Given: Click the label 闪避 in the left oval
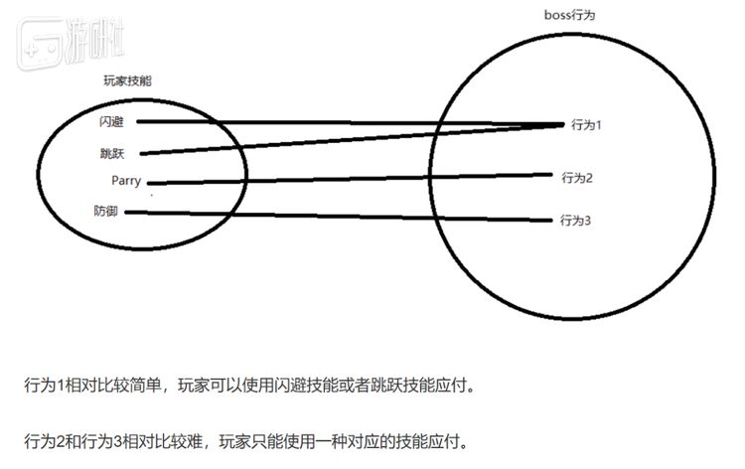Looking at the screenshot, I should click(x=111, y=122).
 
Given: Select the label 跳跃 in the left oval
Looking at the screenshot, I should click(x=111, y=153).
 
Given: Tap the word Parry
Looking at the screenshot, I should click(x=127, y=181).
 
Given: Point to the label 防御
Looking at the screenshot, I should click(x=108, y=211).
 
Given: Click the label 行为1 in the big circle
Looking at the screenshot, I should click(x=587, y=125).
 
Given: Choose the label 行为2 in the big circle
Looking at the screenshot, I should click(x=576, y=178).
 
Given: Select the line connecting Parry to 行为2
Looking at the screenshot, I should click(x=348, y=179).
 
